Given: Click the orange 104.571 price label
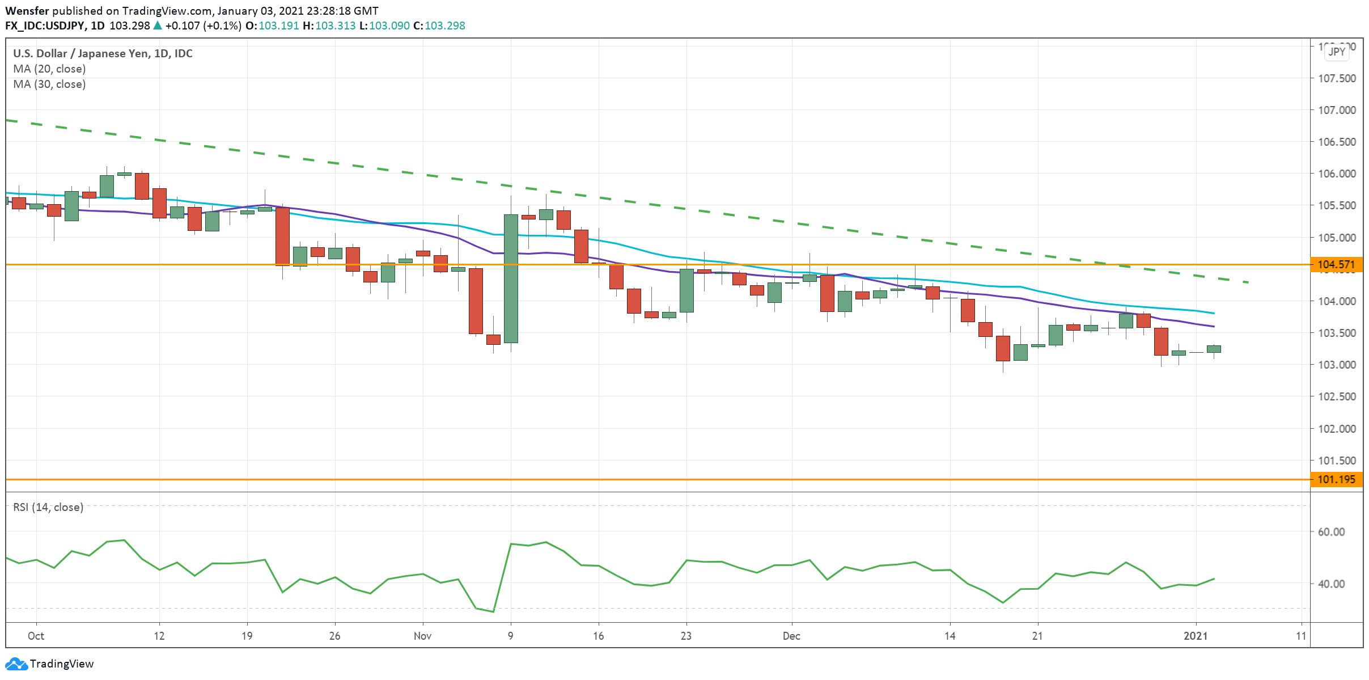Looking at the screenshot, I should [1336, 264].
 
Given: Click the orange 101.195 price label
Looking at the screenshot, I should [1336, 479].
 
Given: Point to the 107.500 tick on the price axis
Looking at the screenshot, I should [1336, 78].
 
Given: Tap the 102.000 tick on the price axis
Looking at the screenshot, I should [1336, 429].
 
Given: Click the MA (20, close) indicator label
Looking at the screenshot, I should [49, 69].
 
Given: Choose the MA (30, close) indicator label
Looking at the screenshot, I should [49, 84].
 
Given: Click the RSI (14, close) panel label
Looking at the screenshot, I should [48, 507].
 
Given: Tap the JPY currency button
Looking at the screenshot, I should [1337, 52].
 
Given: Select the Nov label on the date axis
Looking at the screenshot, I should [422, 636].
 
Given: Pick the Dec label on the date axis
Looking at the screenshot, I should [791, 636].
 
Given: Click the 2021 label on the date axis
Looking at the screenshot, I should [1196, 636].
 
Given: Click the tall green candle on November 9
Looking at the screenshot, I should [511, 278].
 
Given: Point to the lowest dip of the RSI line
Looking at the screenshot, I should [493, 611].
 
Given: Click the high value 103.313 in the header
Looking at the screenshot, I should [335, 26].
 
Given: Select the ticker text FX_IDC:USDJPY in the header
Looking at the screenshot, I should [45, 26].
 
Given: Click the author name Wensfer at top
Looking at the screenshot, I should [27, 11].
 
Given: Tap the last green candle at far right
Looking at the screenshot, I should [1214, 349].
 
